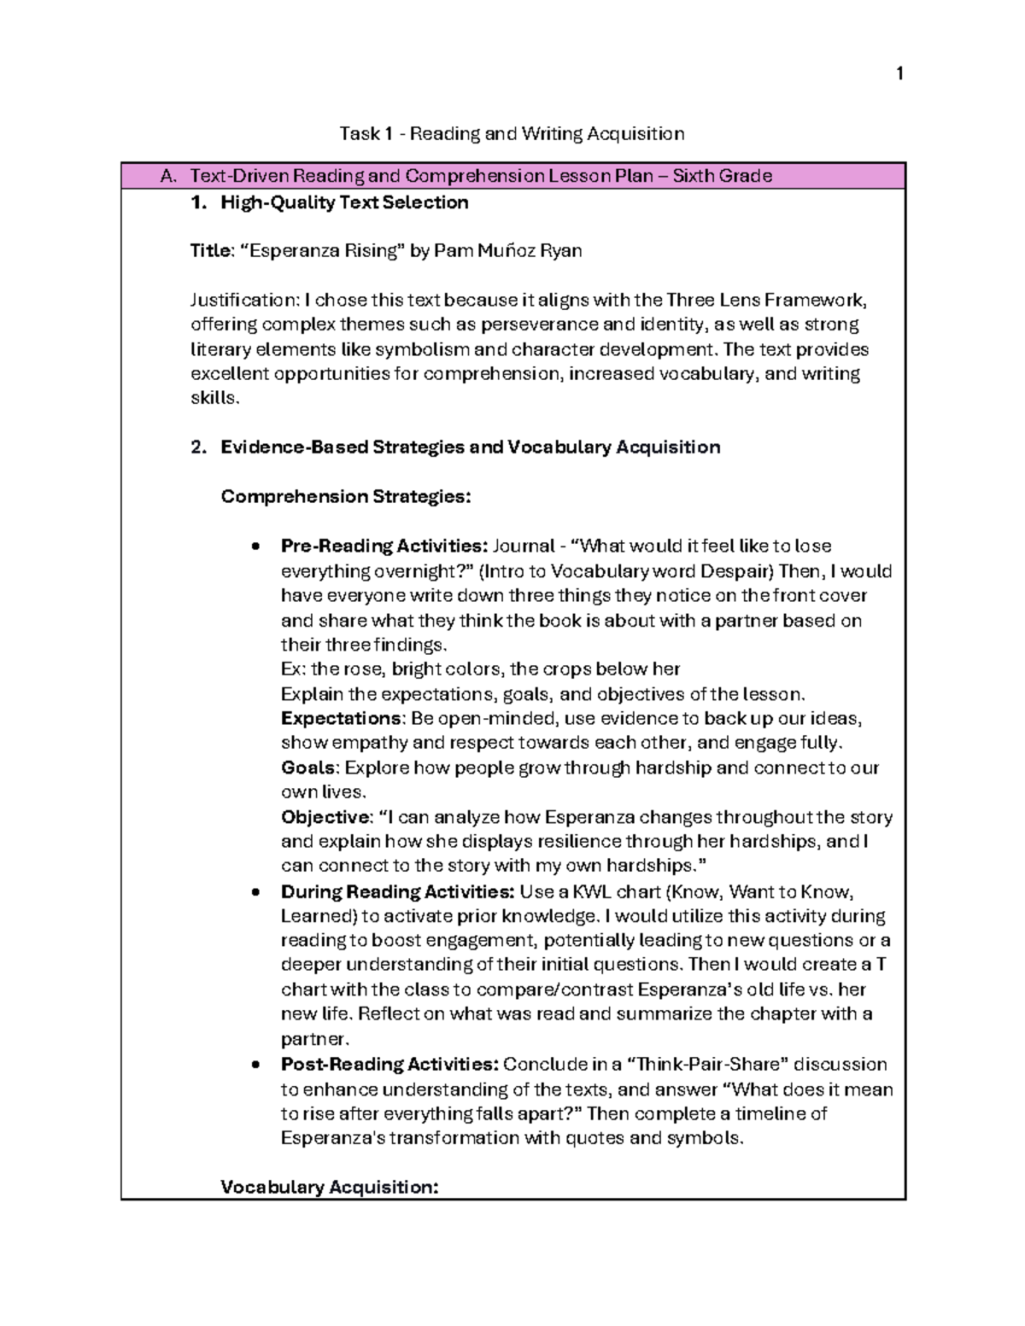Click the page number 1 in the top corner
pos(899,74)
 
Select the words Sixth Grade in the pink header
pos(723,176)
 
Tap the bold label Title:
pos(210,251)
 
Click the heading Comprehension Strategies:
pos(345,497)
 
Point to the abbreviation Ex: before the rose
pos(292,669)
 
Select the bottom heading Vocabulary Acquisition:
pos(329,1187)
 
